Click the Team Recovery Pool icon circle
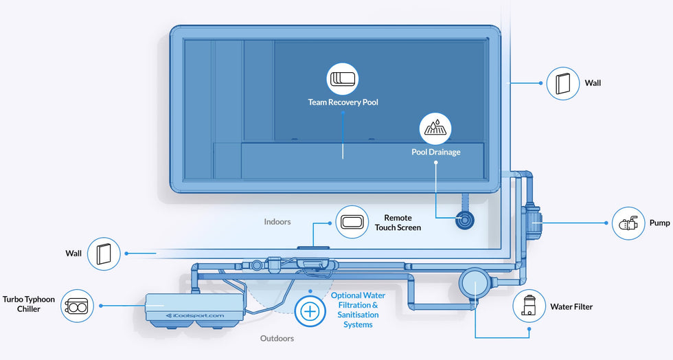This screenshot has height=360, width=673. coord(343,79)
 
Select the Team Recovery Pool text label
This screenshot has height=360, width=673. coord(343,102)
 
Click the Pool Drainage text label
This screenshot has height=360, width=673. coord(436,152)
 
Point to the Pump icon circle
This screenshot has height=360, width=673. coord(628,223)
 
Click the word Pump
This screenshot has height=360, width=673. coord(659,223)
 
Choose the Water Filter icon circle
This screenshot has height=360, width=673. coord(529,306)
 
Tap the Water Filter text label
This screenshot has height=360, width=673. coord(571,306)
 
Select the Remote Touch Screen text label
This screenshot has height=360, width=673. coord(398,223)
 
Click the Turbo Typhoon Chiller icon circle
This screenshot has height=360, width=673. coord(78,305)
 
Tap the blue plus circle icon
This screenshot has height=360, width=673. coord(310,311)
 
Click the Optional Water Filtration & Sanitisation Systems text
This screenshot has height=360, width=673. coord(358,310)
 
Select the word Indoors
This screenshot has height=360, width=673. coord(277,222)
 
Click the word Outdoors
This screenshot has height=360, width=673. coord(278,338)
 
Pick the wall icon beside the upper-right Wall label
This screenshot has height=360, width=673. coord(562,83)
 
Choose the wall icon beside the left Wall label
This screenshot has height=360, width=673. coord(104,254)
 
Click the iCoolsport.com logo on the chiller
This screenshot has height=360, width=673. coord(196,315)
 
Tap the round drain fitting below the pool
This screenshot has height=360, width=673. coord(466,221)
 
